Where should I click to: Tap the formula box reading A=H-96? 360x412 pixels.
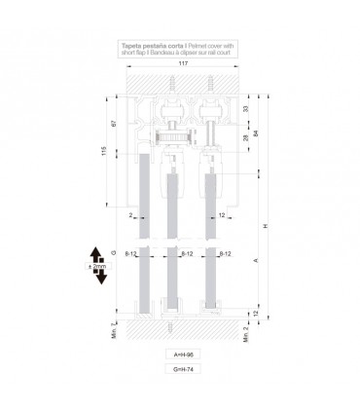click(x=179, y=356)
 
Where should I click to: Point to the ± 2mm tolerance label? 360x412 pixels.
click(x=97, y=262)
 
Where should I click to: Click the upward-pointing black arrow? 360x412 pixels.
click(x=98, y=249)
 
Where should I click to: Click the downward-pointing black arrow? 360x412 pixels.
click(x=98, y=276)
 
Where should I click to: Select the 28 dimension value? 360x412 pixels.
click(x=243, y=137)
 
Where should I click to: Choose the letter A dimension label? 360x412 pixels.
click(x=255, y=261)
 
